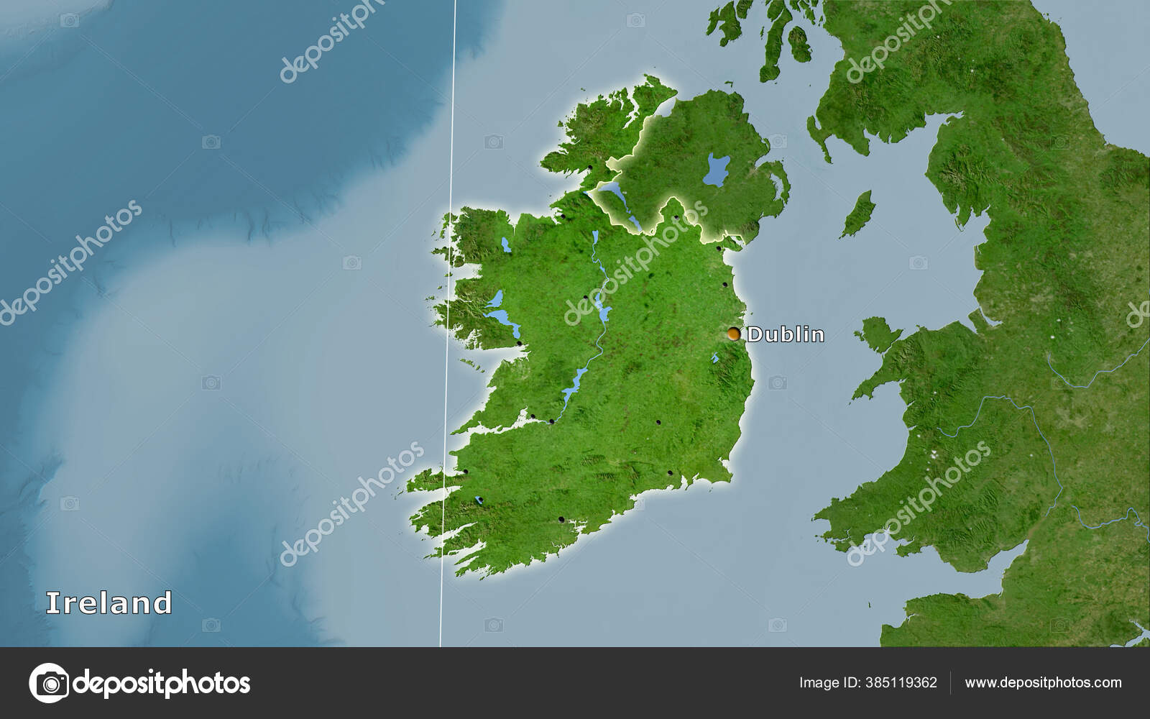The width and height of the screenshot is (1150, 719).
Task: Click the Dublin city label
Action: (786, 334)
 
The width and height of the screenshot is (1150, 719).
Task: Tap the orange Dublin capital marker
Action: (733, 334)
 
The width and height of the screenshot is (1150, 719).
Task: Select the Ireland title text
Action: (109, 603)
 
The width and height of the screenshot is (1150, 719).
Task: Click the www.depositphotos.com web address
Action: (1043, 682)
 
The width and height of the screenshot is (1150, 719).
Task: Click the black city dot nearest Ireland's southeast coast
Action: (669, 473)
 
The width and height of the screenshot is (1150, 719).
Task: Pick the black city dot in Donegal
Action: (590, 168)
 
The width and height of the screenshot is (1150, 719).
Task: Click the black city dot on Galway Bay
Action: (520, 343)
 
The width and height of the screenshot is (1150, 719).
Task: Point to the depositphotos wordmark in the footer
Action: (162, 682)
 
